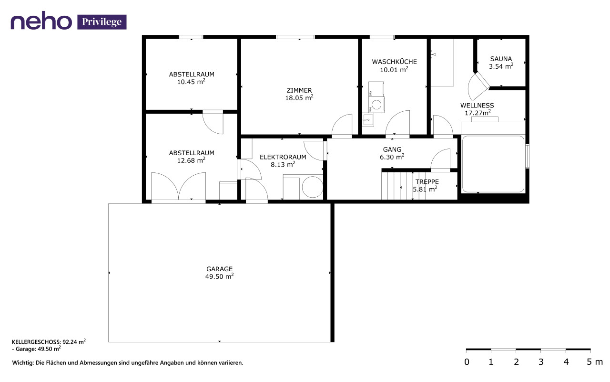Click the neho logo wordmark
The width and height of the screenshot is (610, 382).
pos(41,22)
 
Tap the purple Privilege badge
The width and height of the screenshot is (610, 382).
pos(102,22)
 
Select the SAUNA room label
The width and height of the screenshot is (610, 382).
pos(501,59)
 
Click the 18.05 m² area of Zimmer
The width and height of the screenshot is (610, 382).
pos(299,98)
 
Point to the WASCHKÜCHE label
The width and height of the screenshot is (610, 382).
pos(394,62)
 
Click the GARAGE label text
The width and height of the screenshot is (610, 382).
pos(219,269)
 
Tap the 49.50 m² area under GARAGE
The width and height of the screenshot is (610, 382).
pos(219,276)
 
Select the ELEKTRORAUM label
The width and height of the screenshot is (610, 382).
pos(283,157)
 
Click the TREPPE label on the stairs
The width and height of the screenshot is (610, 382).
pos(427,182)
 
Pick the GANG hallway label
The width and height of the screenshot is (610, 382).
pos(392,149)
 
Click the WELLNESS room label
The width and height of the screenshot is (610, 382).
pos(477,106)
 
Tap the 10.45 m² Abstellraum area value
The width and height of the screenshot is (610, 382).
pos(191,82)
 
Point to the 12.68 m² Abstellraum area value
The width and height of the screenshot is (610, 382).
pos(191,160)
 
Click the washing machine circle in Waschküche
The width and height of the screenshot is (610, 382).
pos(376,105)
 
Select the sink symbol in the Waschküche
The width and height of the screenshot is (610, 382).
pos(367,120)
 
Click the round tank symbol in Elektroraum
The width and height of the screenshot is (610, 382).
pos(312,187)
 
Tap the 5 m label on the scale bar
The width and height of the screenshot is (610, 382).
pos(594,362)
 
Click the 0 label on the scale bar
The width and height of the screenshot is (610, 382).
pos(467,362)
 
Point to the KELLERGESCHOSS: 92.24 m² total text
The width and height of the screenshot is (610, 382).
pos(49,341)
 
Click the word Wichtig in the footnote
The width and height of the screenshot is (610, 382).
pos(23,363)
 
